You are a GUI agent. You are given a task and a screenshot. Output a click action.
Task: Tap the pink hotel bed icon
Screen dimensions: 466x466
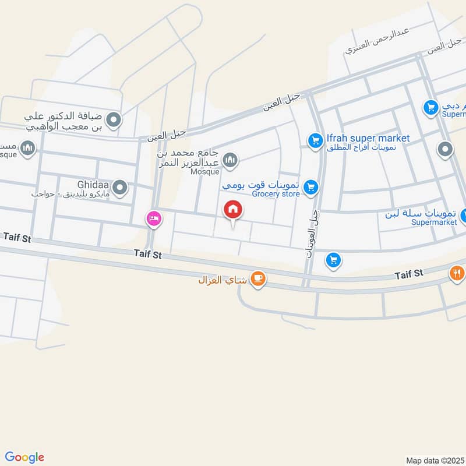[x=154, y=218]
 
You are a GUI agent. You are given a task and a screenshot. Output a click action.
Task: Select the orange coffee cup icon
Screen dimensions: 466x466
[x=258, y=280]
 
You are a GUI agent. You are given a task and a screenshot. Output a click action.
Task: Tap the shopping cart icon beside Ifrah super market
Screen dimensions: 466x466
[x=315, y=140]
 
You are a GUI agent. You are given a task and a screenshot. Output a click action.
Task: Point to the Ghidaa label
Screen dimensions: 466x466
[x=93, y=183]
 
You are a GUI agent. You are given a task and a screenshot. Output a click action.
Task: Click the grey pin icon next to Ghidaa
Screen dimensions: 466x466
[x=120, y=187]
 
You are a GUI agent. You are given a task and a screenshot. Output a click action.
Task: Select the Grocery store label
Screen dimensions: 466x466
[x=277, y=194]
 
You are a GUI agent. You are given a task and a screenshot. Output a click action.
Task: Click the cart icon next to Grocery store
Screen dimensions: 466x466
[x=311, y=187]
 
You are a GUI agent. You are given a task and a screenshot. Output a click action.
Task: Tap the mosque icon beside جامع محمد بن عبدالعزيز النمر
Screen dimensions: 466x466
[x=231, y=159]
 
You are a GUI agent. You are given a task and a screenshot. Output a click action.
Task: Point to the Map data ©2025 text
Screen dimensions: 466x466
[x=435, y=460]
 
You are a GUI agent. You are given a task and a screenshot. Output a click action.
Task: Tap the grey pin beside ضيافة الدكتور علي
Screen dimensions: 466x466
[x=114, y=121]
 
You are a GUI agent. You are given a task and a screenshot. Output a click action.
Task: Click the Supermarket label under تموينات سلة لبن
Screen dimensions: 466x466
[x=432, y=222]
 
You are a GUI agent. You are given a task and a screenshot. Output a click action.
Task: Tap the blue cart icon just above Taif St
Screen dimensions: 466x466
[x=333, y=259]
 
